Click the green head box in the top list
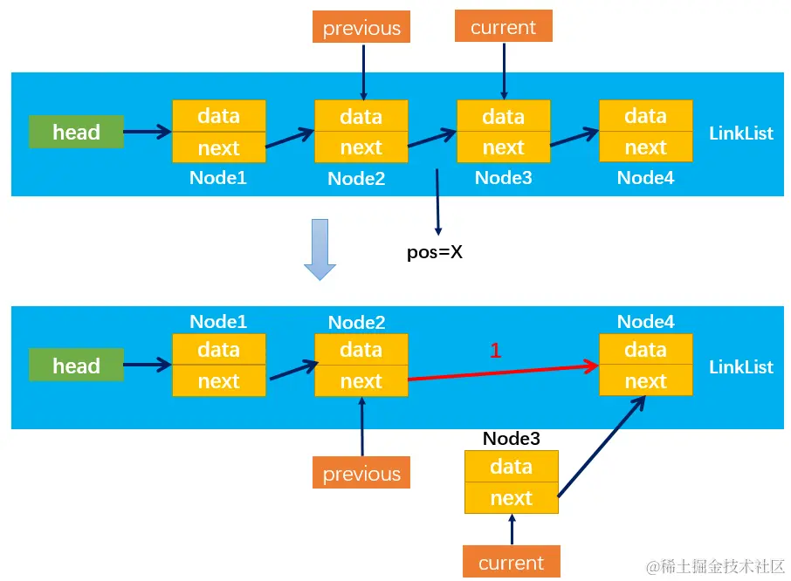pyautogui.click(x=76, y=132)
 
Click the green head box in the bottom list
pyautogui.click(x=76, y=366)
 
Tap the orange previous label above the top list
pyautogui.click(x=361, y=28)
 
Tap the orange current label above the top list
pyautogui.click(x=503, y=26)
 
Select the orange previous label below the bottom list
pyautogui.click(x=361, y=473)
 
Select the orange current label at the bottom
pyautogui.click(x=512, y=562)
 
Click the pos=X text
pyautogui.click(x=434, y=253)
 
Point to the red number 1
pyautogui.click(x=495, y=351)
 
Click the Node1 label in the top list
pyautogui.click(x=218, y=177)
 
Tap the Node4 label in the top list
pyautogui.click(x=645, y=177)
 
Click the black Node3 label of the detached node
pyautogui.click(x=511, y=439)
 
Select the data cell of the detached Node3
pyautogui.click(x=511, y=466)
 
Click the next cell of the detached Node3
pyautogui.click(x=511, y=497)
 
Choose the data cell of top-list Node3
pyautogui.click(x=503, y=116)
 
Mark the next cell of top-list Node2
pyautogui.click(x=361, y=147)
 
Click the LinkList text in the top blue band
pyautogui.click(x=740, y=133)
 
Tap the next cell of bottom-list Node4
pyautogui.click(x=645, y=381)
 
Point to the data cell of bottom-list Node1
pyautogui.click(x=218, y=350)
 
